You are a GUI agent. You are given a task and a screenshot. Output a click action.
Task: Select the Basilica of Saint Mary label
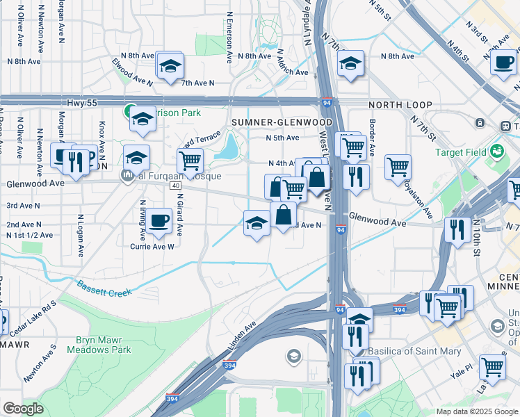click(414, 351)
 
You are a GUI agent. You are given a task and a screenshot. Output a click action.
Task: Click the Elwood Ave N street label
click(132, 72)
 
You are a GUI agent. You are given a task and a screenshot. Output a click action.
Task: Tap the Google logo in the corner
click(23, 409)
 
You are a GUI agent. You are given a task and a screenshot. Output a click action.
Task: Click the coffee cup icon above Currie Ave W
click(159, 221)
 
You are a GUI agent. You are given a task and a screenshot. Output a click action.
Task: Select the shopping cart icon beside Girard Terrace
click(190, 161)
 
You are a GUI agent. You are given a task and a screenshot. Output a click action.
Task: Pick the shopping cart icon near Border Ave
click(398, 167)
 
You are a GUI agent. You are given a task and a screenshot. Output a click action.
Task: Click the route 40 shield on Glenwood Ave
click(174, 186)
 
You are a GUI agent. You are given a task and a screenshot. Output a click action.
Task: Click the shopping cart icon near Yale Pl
click(492, 366)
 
